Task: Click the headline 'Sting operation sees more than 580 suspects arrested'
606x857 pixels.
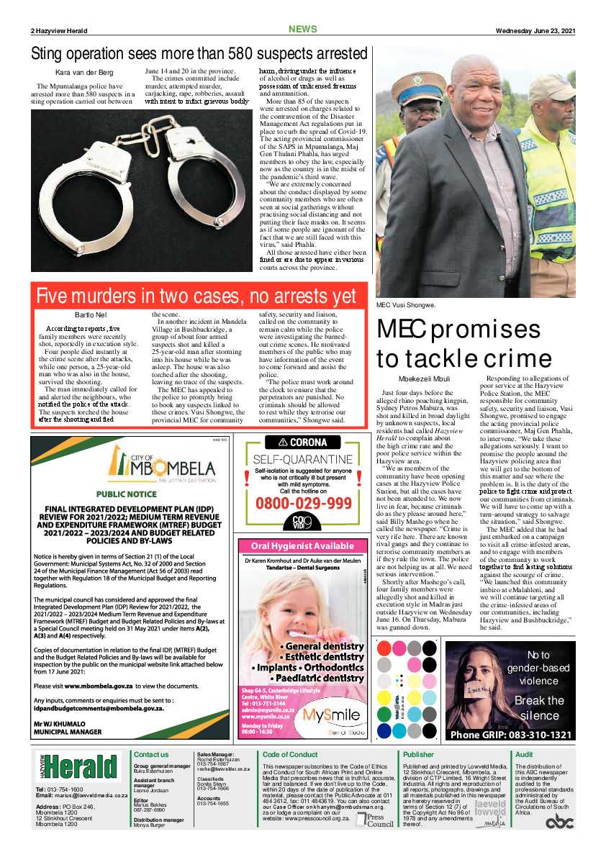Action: coord(199,54)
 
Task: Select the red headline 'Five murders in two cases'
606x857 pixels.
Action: coord(196,296)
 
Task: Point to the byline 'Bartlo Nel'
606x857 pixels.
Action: coord(91,315)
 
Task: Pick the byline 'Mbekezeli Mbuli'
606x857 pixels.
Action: coord(425,378)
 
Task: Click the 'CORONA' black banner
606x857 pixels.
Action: coord(303,443)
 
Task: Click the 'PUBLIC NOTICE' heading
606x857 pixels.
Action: coord(127,494)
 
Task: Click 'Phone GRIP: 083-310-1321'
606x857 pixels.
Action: coord(510,735)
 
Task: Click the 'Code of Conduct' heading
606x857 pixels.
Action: coord(290,755)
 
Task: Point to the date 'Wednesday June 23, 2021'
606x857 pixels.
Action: coord(535,30)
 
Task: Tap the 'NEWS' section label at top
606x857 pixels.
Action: coord(302,30)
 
